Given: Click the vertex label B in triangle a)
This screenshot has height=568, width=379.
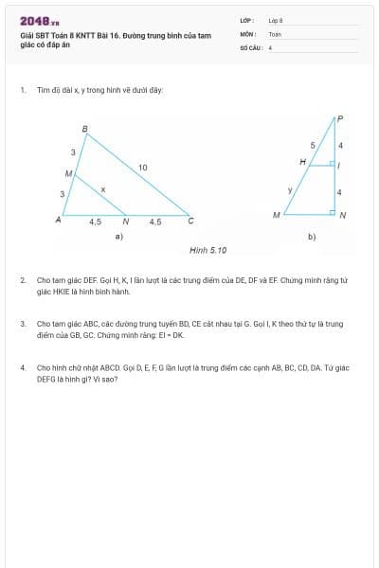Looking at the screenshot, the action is (x=84, y=129).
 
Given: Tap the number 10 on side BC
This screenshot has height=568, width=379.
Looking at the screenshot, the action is (x=143, y=168).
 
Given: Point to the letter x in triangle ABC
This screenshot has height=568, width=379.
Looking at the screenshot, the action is (x=103, y=190).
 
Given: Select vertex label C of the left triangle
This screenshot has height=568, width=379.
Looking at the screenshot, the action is (x=190, y=221).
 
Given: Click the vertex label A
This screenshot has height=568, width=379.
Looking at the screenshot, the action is (x=59, y=220).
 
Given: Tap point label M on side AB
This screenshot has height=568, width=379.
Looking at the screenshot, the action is (x=68, y=174).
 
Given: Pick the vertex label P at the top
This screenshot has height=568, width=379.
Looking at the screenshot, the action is (x=339, y=118).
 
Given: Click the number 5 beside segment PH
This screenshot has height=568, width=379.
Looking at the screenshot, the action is (x=313, y=145).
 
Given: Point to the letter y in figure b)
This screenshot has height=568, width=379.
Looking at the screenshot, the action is (x=290, y=190).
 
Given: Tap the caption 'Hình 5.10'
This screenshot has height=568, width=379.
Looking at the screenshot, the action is (x=208, y=250).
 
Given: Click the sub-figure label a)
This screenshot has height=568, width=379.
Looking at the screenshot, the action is (x=118, y=236).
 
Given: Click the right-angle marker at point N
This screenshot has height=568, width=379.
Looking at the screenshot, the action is (x=332, y=212).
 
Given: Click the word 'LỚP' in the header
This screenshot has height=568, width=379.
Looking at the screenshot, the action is (x=246, y=20).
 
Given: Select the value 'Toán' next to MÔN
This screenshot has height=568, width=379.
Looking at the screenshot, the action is (x=275, y=33).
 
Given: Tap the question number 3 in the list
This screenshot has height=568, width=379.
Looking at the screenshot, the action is (x=23, y=324).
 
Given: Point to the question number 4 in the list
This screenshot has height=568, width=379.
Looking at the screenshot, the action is (x=23, y=366).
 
